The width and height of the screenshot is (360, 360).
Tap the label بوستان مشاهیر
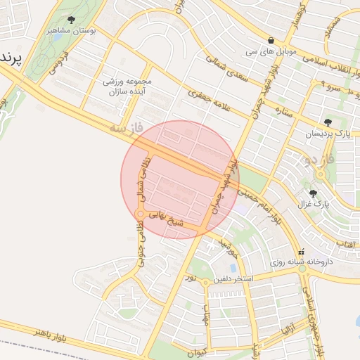[71, 31]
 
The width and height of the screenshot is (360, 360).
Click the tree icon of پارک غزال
[313, 193]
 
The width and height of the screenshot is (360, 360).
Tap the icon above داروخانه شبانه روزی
[302, 251]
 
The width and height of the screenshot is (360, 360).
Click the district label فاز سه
[127, 129]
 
